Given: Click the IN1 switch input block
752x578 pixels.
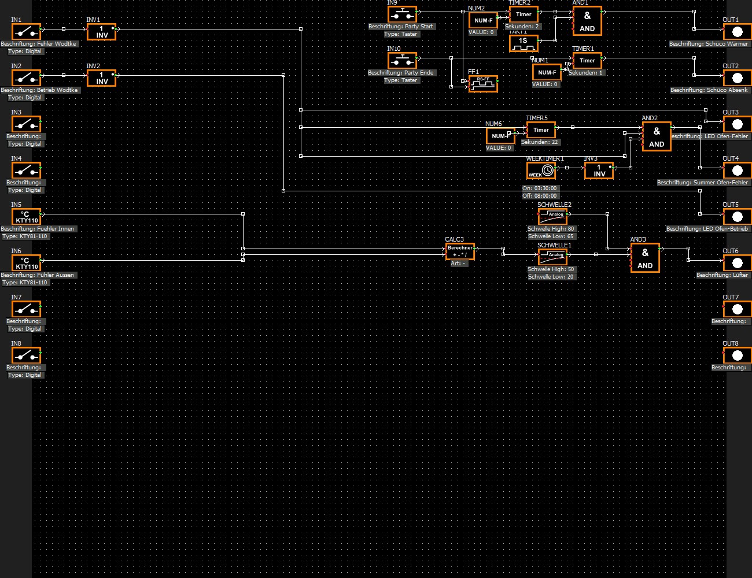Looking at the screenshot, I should tap(26, 31).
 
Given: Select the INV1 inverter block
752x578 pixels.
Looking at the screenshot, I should tap(101, 32).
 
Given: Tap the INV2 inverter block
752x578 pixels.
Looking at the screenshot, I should tap(101, 78).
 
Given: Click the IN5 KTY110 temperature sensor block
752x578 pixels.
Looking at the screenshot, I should tap(26, 217).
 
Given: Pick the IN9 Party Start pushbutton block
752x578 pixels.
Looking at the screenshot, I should tap(402, 14).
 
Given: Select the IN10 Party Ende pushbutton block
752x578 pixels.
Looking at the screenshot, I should tap(402, 60).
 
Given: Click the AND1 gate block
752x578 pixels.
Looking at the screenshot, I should tap(587, 21).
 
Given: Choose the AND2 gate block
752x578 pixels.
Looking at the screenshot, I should tap(657, 137).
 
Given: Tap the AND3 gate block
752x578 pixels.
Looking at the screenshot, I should tap(645, 258).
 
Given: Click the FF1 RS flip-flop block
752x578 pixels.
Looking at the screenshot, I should tap(483, 84).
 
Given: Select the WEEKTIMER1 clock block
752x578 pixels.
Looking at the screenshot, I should tap(541, 171).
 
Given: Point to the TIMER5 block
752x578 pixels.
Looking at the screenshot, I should tap(541, 130).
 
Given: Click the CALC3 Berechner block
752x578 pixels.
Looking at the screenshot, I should tap(460, 251).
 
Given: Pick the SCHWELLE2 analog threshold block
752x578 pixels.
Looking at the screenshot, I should tap(552, 217).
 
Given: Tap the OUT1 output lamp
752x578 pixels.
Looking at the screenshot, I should tap(737, 32).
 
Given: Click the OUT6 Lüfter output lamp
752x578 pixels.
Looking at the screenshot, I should tap(737, 263).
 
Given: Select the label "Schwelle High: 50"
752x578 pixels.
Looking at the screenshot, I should tap(551, 269).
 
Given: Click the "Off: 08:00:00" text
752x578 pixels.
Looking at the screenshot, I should tap(540, 196).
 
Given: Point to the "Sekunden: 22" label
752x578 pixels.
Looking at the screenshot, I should tap(539, 142).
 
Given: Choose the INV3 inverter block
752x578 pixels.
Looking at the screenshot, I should tap(599, 171).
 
